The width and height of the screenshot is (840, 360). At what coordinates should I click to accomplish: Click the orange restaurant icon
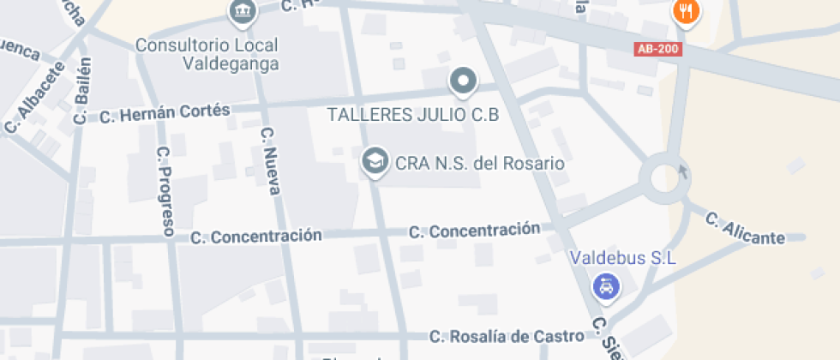(686, 11)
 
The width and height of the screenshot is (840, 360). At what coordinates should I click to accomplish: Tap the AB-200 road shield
(658, 49)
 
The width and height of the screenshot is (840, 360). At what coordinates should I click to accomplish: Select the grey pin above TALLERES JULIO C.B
(463, 81)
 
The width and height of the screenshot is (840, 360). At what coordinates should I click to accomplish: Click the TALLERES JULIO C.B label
(413, 114)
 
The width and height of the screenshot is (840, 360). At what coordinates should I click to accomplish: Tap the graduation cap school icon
(374, 160)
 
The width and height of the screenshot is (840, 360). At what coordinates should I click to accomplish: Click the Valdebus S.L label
(624, 257)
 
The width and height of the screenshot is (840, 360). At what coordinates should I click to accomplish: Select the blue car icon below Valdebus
(606, 286)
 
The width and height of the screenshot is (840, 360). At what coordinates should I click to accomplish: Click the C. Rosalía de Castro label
(507, 336)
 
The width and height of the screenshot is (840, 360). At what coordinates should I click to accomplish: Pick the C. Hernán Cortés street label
(165, 113)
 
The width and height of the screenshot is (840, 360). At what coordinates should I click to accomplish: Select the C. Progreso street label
(165, 190)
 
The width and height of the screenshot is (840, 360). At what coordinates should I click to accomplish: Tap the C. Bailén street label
(82, 91)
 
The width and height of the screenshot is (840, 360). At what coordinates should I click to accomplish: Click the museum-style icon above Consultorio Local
(243, 11)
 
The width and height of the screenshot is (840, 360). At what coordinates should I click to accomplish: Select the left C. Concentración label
(256, 236)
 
